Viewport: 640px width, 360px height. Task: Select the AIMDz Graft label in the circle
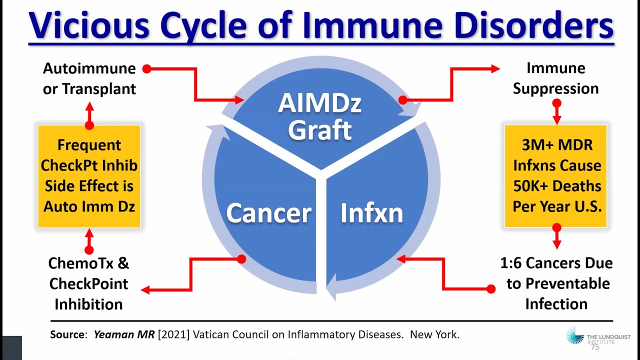320,116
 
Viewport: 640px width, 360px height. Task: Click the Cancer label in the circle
268,213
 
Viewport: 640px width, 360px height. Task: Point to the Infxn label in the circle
371,213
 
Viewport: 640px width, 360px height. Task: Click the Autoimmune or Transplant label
89,78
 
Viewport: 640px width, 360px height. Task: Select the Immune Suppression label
556,78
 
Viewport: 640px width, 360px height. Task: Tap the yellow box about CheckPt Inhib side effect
89,176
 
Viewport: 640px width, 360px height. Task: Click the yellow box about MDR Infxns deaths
556,176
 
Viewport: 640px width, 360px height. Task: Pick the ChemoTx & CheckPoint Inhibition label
88,283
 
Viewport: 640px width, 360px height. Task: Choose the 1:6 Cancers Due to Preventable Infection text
556,283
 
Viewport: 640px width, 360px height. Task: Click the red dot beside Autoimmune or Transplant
146,69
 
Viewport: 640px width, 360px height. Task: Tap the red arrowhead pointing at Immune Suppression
494,69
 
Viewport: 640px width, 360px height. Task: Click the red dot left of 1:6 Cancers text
491,288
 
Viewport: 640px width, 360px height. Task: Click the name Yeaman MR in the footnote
124,334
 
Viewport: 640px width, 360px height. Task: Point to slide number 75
595,346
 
